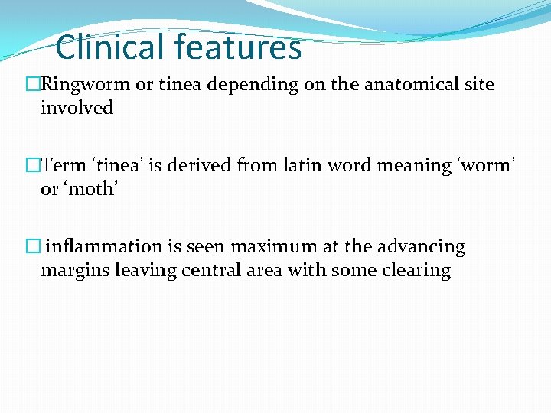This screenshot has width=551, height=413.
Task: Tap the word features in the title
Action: pyautogui.click(x=238, y=47)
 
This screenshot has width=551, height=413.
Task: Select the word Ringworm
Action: pyautogui.click(x=86, y=85)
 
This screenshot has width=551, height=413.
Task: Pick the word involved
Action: pyautogui.click(x=77, y=109)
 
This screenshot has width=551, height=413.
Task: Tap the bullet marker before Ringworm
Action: pyautogui.click(x=32, y=85)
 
